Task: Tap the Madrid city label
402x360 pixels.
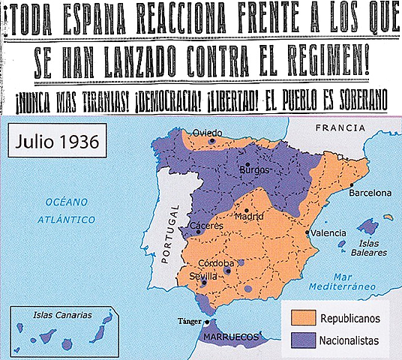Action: pyautogui.click(x=249, y=217)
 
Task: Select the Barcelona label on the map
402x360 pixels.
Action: pyautogui.click(x=370, y=193)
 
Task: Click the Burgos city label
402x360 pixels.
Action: pyautogui.click(x=253, y=169)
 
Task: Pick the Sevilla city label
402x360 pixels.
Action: pyautogui.click(x=204, y=276)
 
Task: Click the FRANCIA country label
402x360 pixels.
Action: pyautogui.click(x=340, y=128)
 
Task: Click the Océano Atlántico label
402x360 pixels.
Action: pyautogui.click(x=69, y=211)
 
